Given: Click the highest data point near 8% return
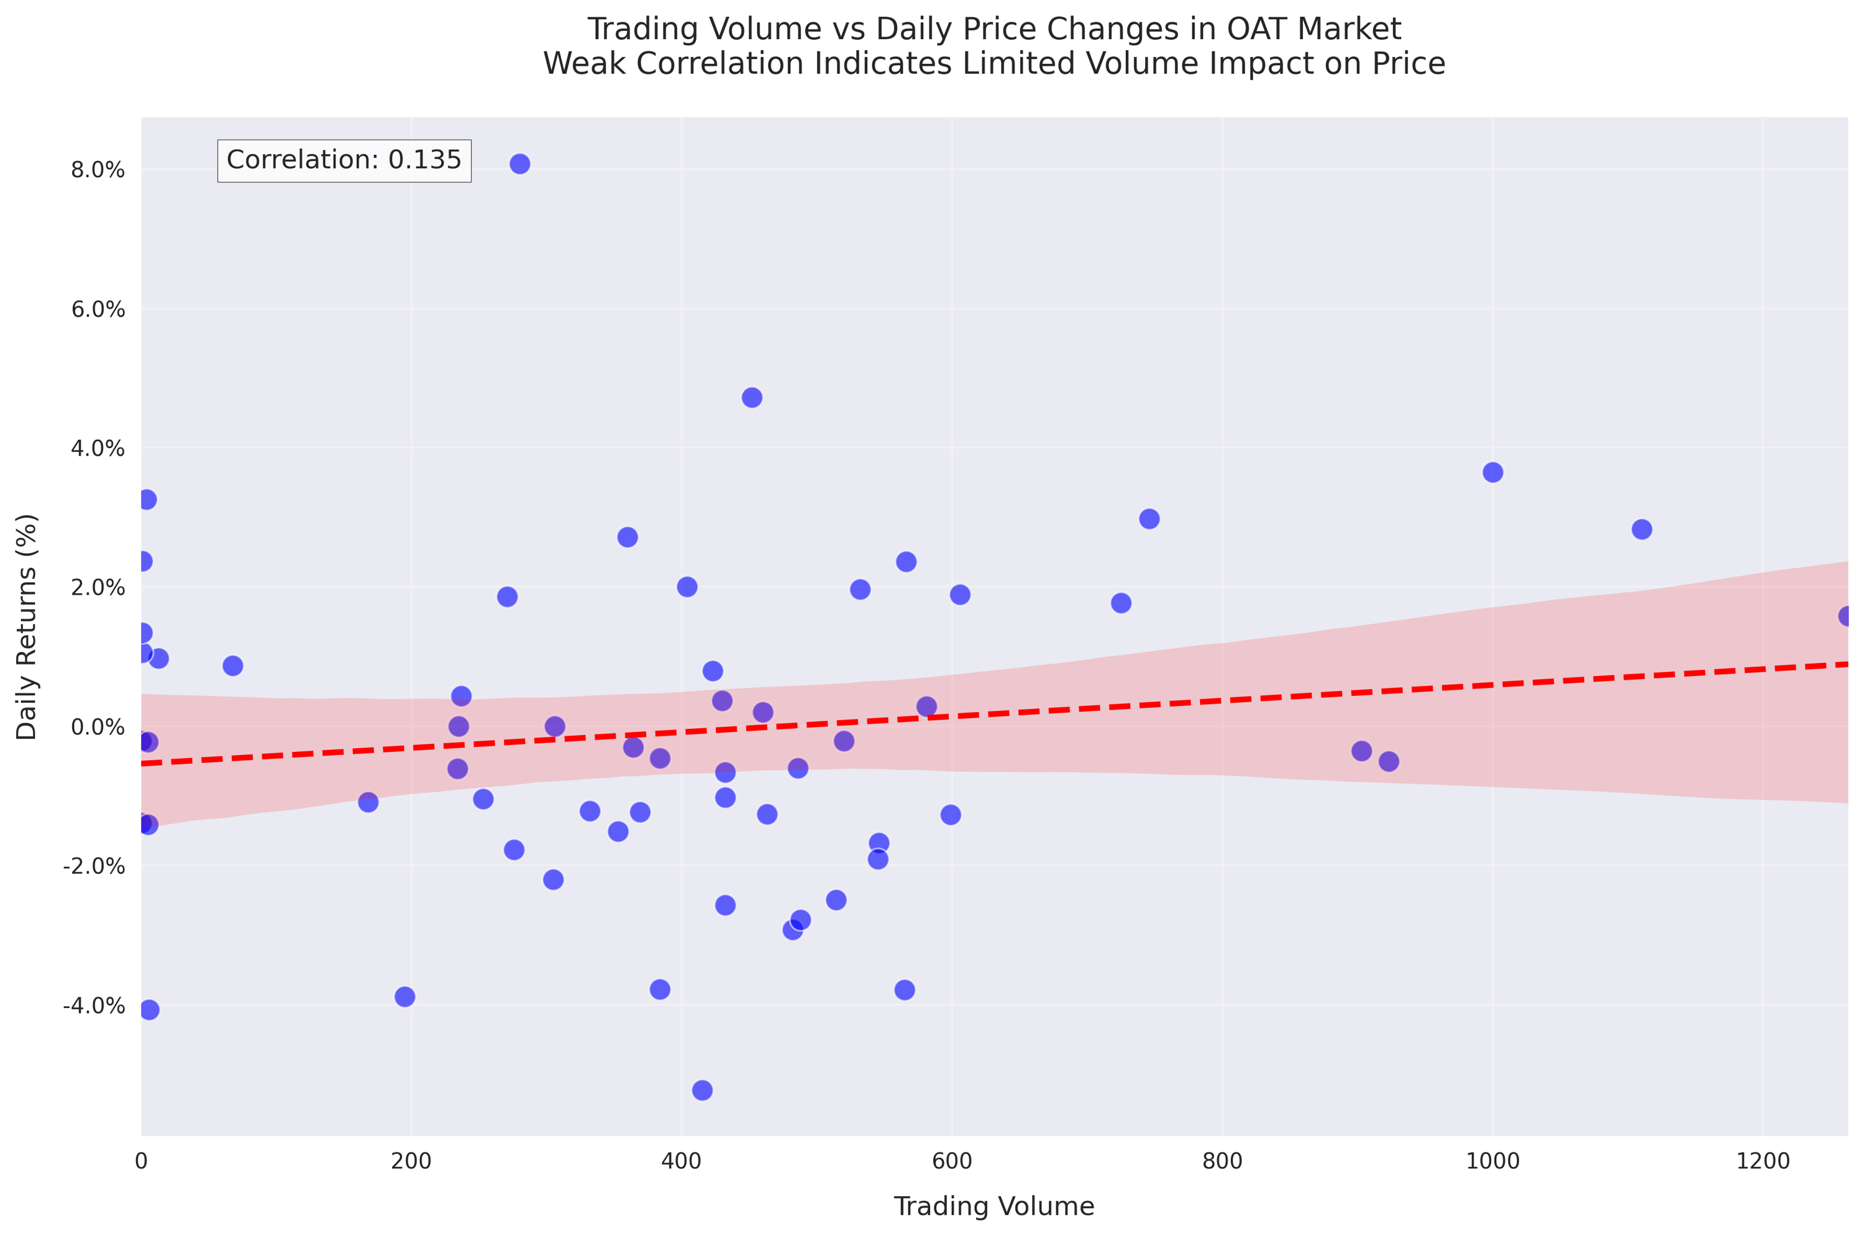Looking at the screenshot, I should pos(519,164).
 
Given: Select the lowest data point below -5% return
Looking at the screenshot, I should pos(702,1090).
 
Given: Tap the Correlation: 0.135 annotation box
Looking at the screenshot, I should pos(344,160).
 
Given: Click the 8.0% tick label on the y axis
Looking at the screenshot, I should pos(98,170).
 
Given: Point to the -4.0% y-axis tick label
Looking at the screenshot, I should pos(94,1006).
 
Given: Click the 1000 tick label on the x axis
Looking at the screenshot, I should pos(1492,1161).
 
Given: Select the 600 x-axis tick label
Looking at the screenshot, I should pos(951,1161).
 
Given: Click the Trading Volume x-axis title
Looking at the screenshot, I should pos(994,1206).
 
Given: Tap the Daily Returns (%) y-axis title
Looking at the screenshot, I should pos(27,626).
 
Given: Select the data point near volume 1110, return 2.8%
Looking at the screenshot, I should pos(1642,529).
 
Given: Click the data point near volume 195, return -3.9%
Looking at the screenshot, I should pos(405,996).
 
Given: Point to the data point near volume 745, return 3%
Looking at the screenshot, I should pos(1149,519).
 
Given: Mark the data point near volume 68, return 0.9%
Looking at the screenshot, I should pos(232,666).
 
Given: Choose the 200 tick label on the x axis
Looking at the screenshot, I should pos(411,1161).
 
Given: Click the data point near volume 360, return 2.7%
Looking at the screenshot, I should pos(628,537).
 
